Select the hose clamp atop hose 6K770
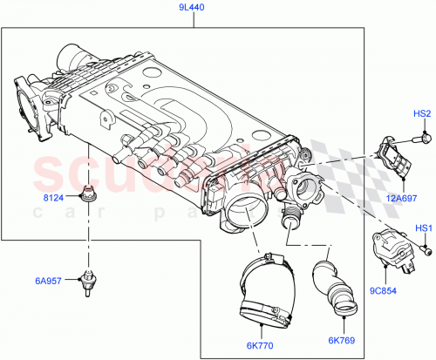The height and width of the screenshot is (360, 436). (266, 262)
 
